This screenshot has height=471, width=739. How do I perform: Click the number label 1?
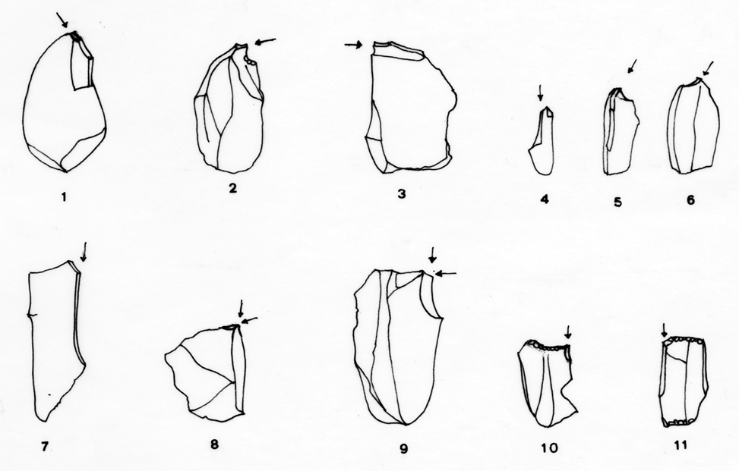(x=64, y=196)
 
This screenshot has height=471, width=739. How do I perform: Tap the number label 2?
(x=233, y=188)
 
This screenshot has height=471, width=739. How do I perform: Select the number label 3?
(x=402, y=193)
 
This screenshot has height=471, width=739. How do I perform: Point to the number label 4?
(x=545, y=199)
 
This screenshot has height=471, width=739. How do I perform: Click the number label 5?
(x=618, y=202)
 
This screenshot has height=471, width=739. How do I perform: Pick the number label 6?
(x=690, y=200)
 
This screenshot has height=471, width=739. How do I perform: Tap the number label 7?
(x=45, y=446)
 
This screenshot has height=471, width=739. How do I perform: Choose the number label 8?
(x=214, y=444)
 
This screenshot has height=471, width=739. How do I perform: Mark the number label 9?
(x=403, y=449)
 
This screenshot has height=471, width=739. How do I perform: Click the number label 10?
(x=550, y=447)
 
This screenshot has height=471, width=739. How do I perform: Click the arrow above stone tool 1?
(x=62, y=20)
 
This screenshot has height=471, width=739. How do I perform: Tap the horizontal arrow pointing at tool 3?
(x=353, y=46)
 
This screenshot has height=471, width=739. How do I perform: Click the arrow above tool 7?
(x=84, y=252)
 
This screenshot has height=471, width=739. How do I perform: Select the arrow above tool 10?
(x=568, y=332)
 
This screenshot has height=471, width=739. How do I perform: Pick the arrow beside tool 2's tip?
(x=265, y=42)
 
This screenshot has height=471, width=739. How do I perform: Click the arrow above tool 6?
(x=707, y=69)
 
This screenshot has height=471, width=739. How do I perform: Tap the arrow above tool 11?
(x=665, y=331)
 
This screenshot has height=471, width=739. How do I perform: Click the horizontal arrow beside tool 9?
(x=445, y=273)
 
